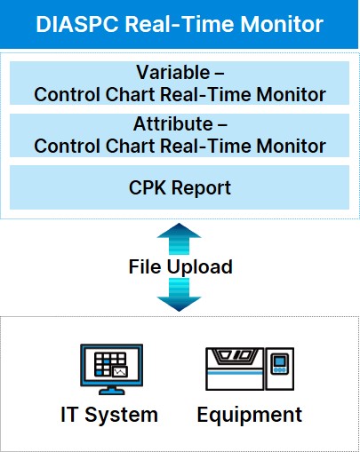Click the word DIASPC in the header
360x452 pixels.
click(77, 24)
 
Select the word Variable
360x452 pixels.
click(173, 72)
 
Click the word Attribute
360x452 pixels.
click(173, 123)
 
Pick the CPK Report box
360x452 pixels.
click(180, 187)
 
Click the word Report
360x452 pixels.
click(201, 188)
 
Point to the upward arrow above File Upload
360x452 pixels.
click(179, 239)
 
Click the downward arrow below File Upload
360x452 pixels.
click(179, 295)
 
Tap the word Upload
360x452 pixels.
click(200, 267)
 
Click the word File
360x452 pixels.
click(145, 266)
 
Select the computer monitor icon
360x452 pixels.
click(112, 369)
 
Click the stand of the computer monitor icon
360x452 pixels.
click(112, 391)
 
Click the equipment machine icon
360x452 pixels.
click(250, 369)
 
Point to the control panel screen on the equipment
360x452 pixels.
click(280, 361)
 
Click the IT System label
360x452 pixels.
click(109, 415)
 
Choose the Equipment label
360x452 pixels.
click(250, 415)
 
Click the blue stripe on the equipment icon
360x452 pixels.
click(235, 372)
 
